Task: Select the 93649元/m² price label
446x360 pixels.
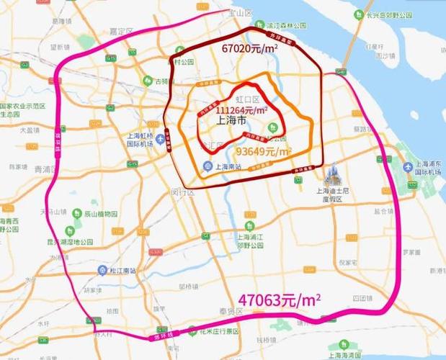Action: coord(264,152)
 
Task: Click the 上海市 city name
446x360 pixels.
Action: coord(231,122)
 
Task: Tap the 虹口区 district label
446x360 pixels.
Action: coord(246,98)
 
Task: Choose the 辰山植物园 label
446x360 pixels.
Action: coord(100,214)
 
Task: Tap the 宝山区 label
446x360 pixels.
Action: coord(238,13)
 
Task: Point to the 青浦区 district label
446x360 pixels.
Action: coord(45,170)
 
